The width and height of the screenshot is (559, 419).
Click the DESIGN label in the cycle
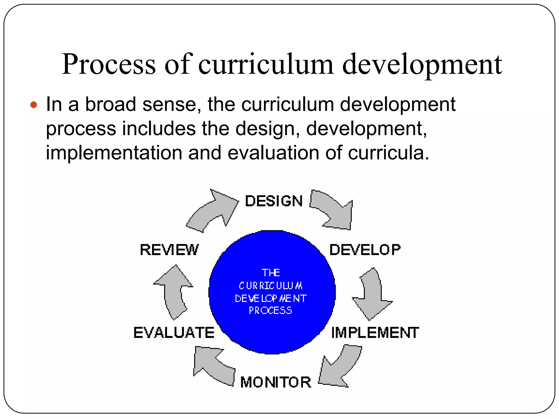274,201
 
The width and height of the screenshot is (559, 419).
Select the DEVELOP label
365,250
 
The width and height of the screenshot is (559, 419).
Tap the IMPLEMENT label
375,333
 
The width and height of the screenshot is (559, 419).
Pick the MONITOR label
276,382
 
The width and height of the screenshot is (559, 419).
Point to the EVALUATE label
174,333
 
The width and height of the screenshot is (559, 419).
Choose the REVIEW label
169,250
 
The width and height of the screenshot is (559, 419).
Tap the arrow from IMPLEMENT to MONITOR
340,367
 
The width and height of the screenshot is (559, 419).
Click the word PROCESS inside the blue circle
270,310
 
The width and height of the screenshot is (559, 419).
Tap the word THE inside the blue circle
271,273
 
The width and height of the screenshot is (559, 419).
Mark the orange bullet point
34,104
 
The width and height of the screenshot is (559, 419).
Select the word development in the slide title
422,64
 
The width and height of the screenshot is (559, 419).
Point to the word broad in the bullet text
111,104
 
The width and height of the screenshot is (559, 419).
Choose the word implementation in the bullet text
114,152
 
